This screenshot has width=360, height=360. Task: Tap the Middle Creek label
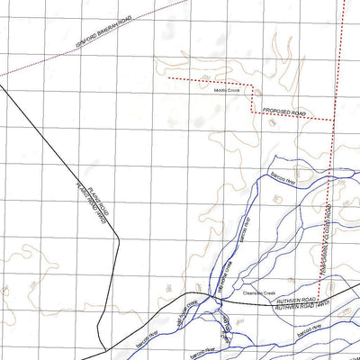click(x=228, y=90)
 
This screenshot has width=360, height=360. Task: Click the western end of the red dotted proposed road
click(x=167, y=78)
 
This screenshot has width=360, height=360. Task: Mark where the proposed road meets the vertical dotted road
click(x=332, y=116)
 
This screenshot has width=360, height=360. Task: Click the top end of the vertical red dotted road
click(x=346, y=2)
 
